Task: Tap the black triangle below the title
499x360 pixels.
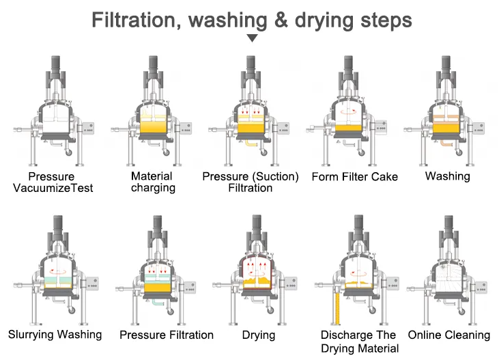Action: (x=252, y=38)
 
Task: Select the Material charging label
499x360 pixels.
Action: (x=153, y=182)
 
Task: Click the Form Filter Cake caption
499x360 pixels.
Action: (x=355, y=176)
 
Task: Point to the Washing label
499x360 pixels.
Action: (x=447, y=176)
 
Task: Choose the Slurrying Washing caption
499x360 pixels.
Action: (x=55, y=335)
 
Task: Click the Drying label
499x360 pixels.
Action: (x=259, y=335)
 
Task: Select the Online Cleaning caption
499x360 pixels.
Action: (x=449, y=335)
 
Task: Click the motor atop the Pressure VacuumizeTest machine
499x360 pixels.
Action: (x=56, y=64)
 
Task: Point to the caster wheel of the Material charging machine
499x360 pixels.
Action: (x=166, y=152)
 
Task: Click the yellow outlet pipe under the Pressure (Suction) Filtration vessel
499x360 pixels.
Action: (x=251, y=143)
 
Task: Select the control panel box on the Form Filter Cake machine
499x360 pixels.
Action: (x=381, y=128)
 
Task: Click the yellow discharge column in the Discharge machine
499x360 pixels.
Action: (x=338, y=308)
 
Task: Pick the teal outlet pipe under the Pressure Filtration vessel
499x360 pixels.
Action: (x=158, y=302)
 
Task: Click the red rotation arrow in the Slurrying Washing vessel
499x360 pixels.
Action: (x=57, y=272)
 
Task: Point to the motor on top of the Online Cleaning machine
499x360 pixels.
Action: (x=448, y=223)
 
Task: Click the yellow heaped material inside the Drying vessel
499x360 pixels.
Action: (x=257, y=282)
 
